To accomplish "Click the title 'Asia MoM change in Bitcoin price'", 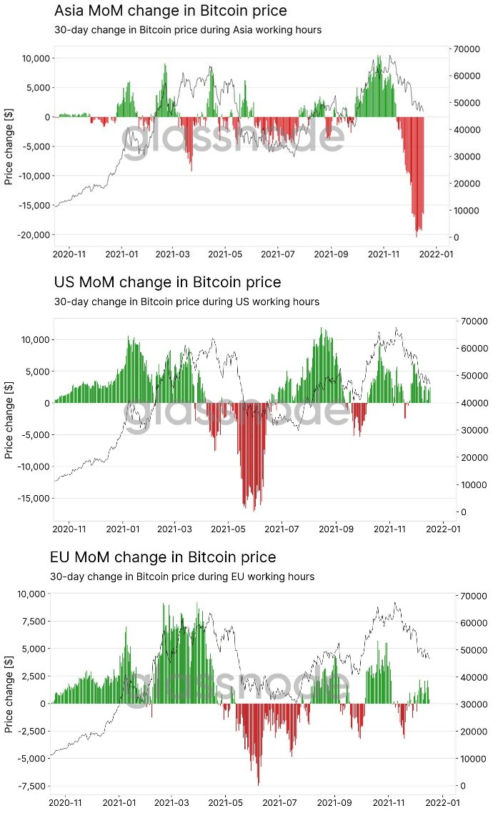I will pyautogui.click(x=171, y=11).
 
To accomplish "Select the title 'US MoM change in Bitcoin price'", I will pyautogui.click(x=167, y=282).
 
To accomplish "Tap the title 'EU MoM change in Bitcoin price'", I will pyautogui.click(x=163, y=557).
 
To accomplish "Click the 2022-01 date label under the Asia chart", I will pyautogui.click(x=437, y=254).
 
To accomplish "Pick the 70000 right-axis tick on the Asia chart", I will pyautogui.click(x=464, y=49).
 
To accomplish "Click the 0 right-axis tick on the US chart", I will pyautogui.click(x=464, y=512).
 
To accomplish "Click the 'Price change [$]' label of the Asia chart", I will pyautogui.click(x=9, y=148).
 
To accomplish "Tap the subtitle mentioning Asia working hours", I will pyautogui.click(x=188, y=30).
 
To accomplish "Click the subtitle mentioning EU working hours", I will pyautogui.click(x=182, y=577).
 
